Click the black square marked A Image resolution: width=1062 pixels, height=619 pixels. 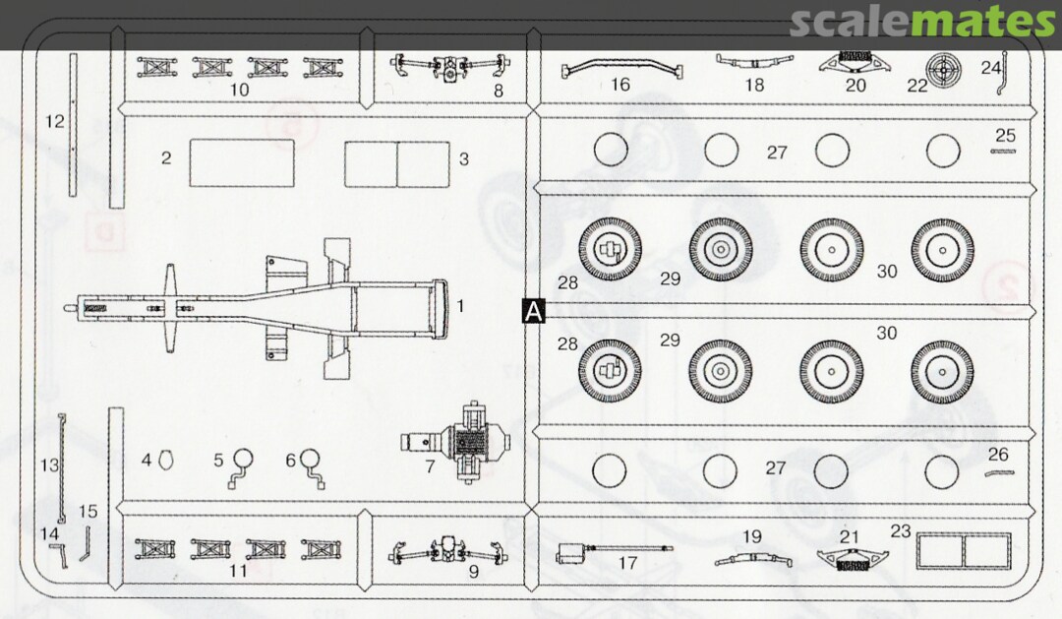534,311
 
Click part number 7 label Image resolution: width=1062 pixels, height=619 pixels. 430,467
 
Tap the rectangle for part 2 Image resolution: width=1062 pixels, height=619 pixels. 242,162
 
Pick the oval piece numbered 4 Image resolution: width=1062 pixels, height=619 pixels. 165,461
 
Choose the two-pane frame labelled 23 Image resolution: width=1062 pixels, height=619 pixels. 963,550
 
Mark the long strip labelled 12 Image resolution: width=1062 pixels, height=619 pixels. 73,125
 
